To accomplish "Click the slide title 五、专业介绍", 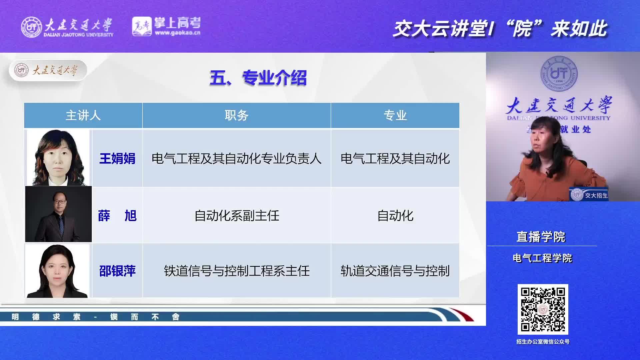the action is [x=258, y=78].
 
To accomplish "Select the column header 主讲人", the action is [x=83, y=115].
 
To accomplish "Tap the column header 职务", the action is [x=236, y=115].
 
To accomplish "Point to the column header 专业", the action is [x=395, y=115].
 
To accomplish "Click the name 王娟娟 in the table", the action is [x=117, y=158].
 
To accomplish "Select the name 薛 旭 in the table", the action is [x=117, y=216].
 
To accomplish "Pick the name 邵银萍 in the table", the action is [x=117, y=271].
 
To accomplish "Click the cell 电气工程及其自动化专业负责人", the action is [x=236, y=158].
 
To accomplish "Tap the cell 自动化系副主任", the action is [x=237, y=216].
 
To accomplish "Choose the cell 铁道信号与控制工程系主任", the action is [x=237, y=271].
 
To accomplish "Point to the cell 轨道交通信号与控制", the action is [x=395, y=271].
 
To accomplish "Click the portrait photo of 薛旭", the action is [x=58, y=214].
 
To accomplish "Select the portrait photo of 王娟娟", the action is [x=58, y=158].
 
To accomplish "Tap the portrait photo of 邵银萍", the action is [x=57, y=271].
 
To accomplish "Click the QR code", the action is [x=543, y=309].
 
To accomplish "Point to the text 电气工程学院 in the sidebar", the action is [x=542, y=258].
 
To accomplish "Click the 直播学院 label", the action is [x=541, y=237].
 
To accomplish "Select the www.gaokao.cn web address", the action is [x=178, y=33].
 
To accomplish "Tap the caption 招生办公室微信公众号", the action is [x=543, y=342].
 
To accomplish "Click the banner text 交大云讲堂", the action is [x=440, y=29].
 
